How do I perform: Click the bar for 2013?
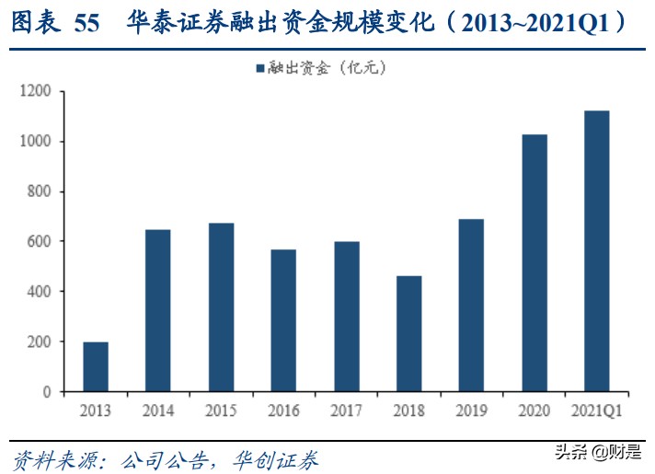pyautogui.click(x=96, y=366)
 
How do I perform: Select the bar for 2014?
pyautogui.click(x=158, y=310)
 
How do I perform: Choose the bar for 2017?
pyautogui.click(x=346, y=317)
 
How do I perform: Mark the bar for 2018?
pyautogui.click(x=408, y=334)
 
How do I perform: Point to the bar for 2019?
pyautogui.click(x=471, y=306)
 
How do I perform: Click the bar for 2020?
pyautogui.click(x=534, y=263)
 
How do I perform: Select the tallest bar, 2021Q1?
pyautogui.click(x=596, y=251)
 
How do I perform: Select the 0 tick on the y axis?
pyautogui.click(x=49, y=392)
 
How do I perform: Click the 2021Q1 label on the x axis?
pyautogui.click(x=596, y=410)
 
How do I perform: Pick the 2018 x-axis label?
pyautogui.click(x=408, y=410)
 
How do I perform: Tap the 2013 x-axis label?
pyautogui.click(x=96, y=410)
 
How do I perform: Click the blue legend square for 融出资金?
pyautogui.click(x=259, y=68)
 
